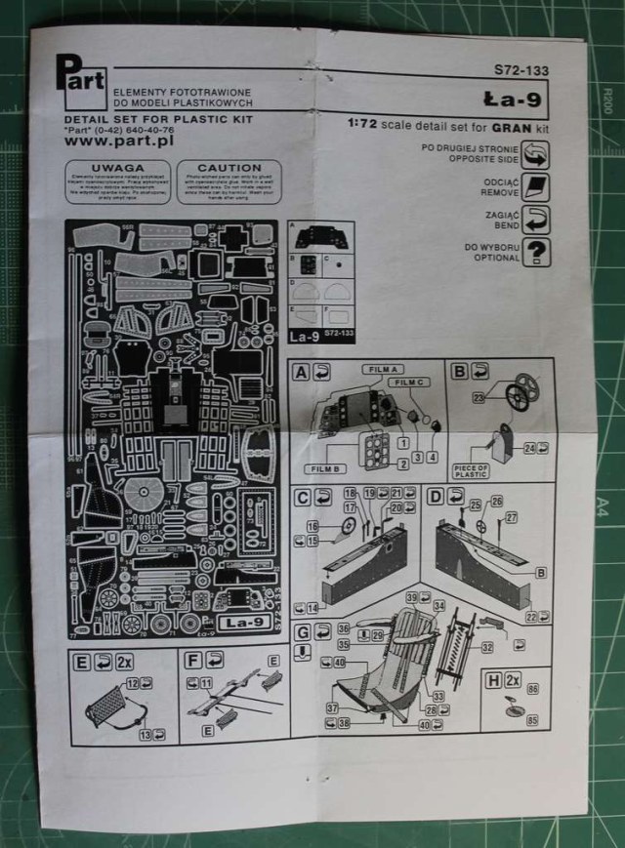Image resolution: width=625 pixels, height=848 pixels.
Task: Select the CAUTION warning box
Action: point(229,182)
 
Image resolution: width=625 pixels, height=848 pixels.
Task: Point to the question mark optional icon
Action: point(535,252)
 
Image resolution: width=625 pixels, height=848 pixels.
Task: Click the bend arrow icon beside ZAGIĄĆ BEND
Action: point(535,219)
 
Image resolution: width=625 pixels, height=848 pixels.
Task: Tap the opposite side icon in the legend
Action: point(535,153)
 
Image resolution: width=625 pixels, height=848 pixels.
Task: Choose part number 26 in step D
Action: point(497,503)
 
